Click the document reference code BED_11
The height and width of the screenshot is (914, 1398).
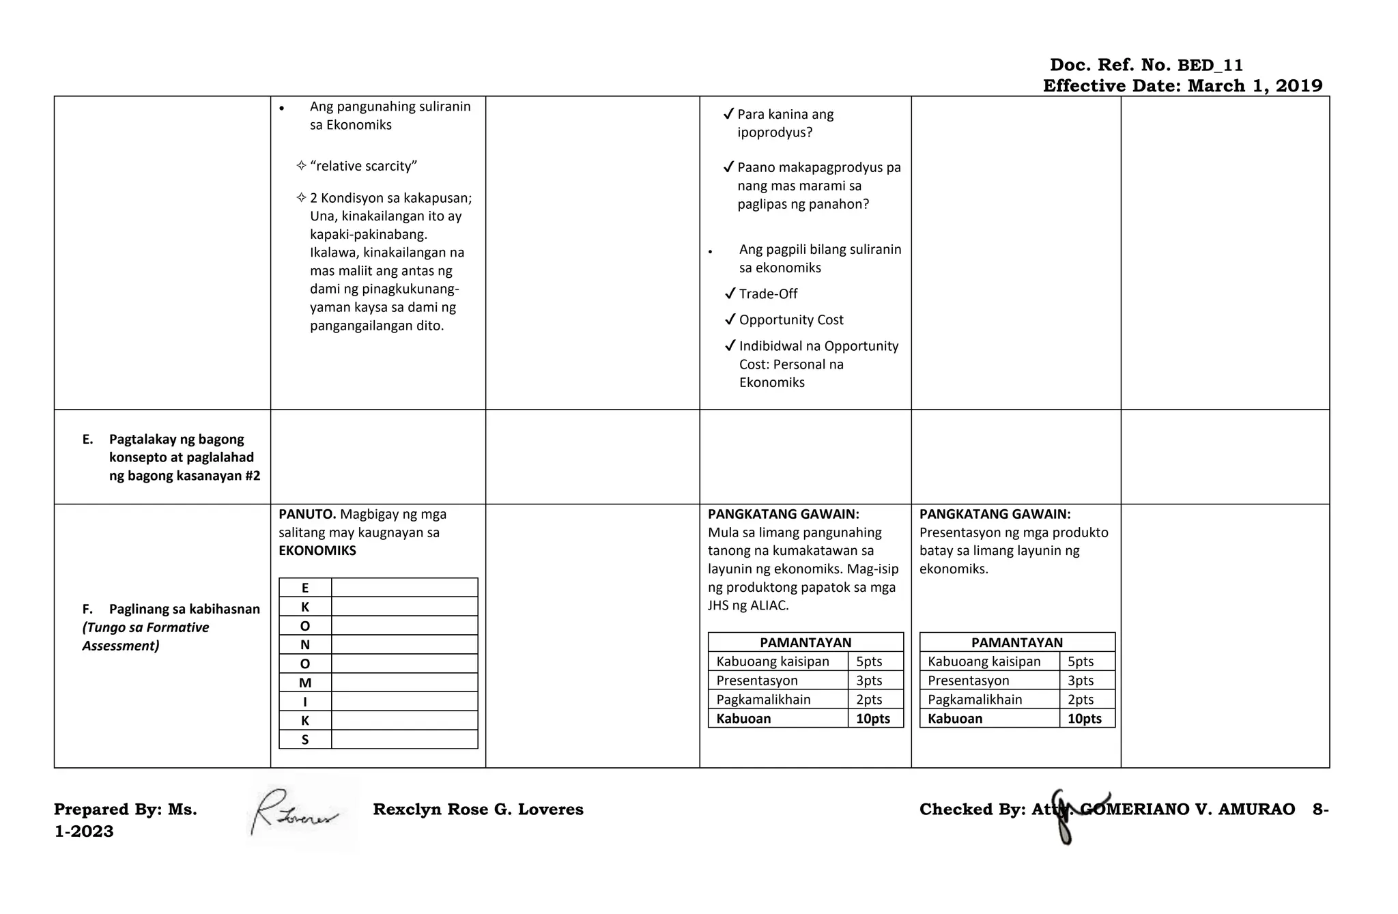tap(1210, 66)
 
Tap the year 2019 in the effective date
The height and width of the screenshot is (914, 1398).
tap(1299, 86)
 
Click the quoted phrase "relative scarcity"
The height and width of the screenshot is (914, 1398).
tap(363, 166)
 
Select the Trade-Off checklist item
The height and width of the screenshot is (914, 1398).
tap(768, 294)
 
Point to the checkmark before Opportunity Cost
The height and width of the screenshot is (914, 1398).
tap(730, 319)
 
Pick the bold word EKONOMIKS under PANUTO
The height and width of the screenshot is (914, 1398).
tap(317, 551)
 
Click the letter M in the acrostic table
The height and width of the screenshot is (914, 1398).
tap(305, 683)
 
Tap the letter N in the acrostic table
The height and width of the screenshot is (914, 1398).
tap(305, 644)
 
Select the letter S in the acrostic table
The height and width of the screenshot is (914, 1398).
tap(305, 739)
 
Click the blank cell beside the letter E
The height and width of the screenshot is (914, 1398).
tap(404, 588)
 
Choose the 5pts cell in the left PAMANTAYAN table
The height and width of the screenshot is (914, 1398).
tap(869, 661)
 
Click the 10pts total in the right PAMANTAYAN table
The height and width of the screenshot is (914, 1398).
tap(1085, 719)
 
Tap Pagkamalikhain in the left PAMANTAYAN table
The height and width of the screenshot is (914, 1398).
tap(763, 700)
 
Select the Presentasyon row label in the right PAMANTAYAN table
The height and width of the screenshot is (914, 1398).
tap(968, 681)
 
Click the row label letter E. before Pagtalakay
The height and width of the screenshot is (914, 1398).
tap(87, 440)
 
